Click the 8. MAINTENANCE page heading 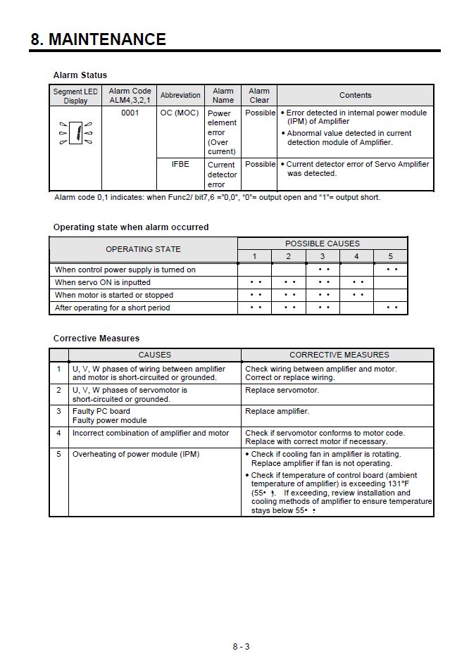pos(98,39)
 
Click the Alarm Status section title pos(80,75)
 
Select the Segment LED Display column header pos(75,96)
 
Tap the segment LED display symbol pos(75,132)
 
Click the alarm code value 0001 pos(130,113)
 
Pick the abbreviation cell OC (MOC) pos(180,113)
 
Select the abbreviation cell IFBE pos(180,164)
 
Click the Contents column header pos(355,95)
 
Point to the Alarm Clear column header pos(259,95)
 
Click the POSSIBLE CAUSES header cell pos(323,244)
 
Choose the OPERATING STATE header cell pos(143,249)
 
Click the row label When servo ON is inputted pos(103,282)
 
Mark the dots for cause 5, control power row pos(392,270)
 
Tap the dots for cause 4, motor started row pos(358,295)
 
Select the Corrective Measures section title pos(96,339)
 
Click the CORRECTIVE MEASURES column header pos(339,355)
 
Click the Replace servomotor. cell pos(282,390)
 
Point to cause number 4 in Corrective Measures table pos(59,433)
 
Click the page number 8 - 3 pos(241,646)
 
